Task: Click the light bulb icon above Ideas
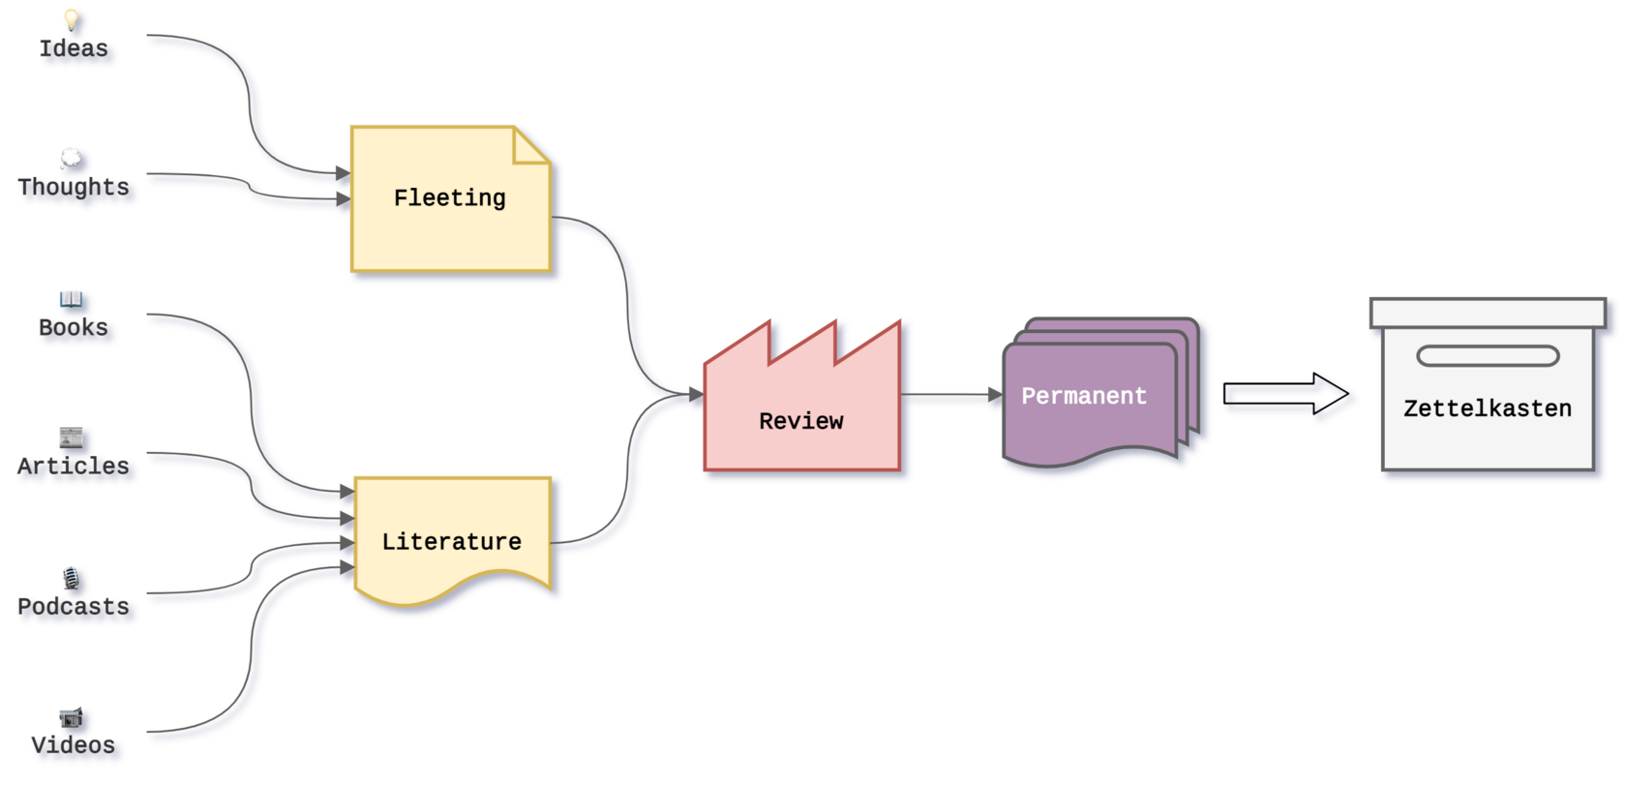[72, 18]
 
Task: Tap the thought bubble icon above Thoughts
[72, 157]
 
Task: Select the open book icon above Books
[71, 297]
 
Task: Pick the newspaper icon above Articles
[71, 437]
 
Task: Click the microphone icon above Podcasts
[71, 578]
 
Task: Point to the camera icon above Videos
[71, 717]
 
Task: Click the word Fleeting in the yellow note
[449, 198]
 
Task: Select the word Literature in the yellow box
[451, 542]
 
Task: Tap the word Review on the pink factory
[800, 421]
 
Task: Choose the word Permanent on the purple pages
[1083, 396]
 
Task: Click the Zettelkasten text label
[1487, 408]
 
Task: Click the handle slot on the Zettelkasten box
[1487, 356]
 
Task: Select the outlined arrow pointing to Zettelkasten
[1289, 398]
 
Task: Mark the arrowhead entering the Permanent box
[994, 396]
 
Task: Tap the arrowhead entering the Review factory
[695, 395]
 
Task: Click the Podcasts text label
[75, 607]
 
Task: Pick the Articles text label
[75, 467]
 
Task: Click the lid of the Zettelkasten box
[1487, 313]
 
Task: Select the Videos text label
[75, 745]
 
